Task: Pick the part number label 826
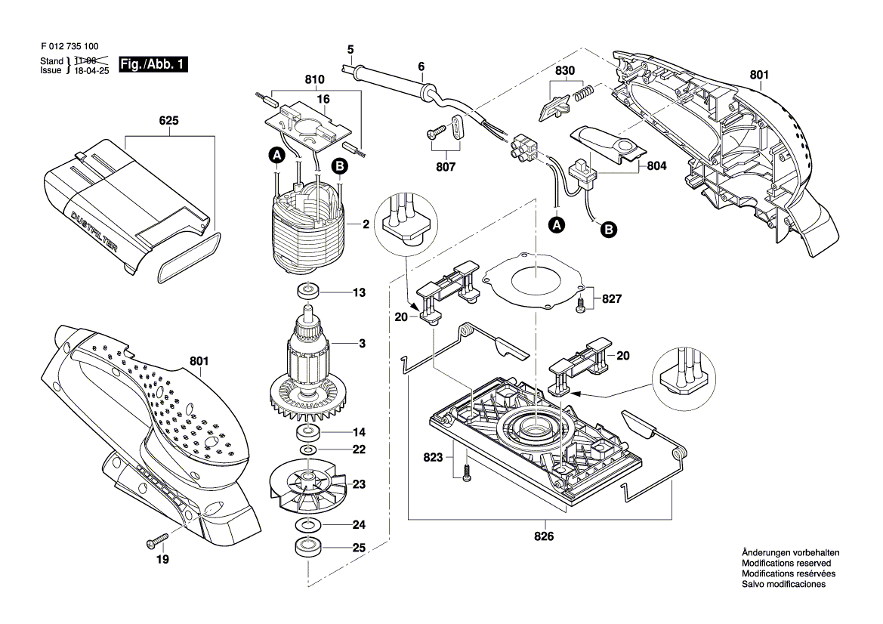543,536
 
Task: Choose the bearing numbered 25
307,548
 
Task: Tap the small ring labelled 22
307,450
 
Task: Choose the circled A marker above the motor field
277,154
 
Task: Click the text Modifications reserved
786,564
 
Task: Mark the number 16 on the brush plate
323,99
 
